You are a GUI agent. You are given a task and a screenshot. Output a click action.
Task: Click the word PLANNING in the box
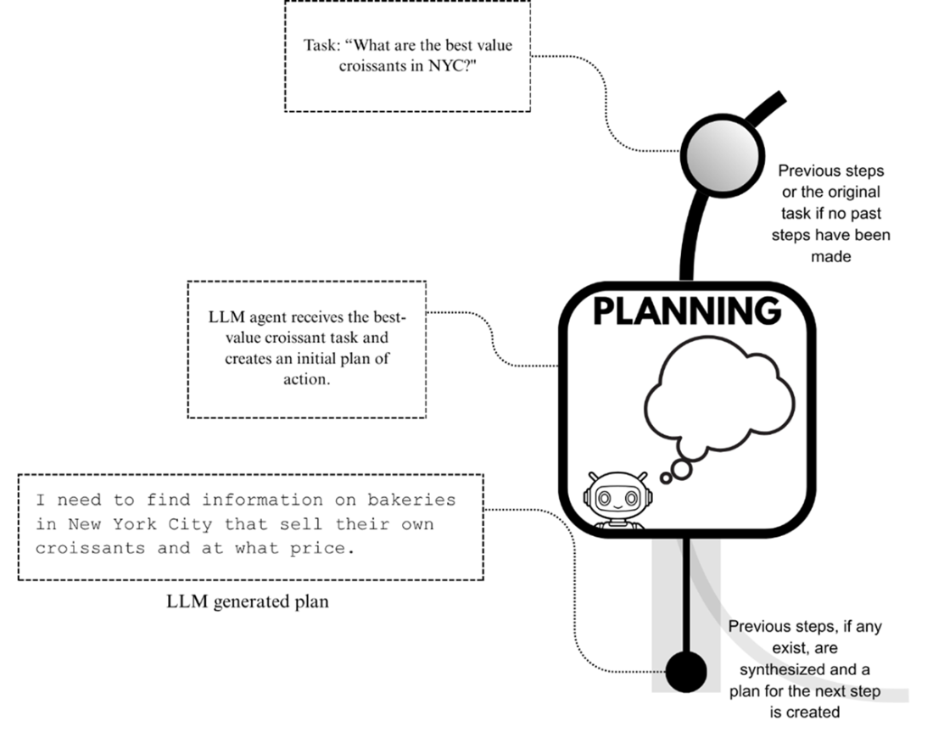coord(686,311)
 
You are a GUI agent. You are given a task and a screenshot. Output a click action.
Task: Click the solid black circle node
coord(685,672)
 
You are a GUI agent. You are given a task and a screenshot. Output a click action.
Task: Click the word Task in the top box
coord(320,45)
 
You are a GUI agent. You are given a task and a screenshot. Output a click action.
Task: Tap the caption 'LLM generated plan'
coord(247,602)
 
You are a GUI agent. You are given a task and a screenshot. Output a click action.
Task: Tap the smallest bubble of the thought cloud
coord(666,478)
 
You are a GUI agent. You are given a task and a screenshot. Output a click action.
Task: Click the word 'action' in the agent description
coord(305,379)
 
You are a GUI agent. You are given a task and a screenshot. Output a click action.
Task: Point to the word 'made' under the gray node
coord(830,256)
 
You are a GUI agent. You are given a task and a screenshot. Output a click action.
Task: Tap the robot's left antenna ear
coord(589,478)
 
